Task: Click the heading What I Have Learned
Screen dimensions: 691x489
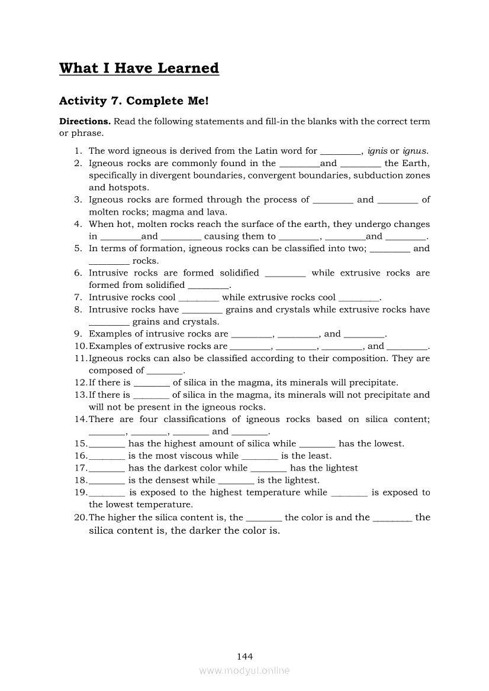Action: [139, 69]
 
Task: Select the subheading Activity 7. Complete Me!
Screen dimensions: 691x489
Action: [134, 101]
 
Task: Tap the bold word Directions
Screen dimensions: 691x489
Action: [85, 122]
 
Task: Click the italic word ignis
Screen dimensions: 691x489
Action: [377, 151]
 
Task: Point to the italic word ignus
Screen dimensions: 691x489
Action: [414, 151]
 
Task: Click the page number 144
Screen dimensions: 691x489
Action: [244, 656]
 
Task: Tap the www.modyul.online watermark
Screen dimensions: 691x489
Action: [244, 670]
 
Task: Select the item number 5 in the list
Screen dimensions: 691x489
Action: [78, 249]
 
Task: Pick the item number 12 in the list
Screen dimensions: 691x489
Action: [81, 383]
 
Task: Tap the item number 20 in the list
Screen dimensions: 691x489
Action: [81, 518]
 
